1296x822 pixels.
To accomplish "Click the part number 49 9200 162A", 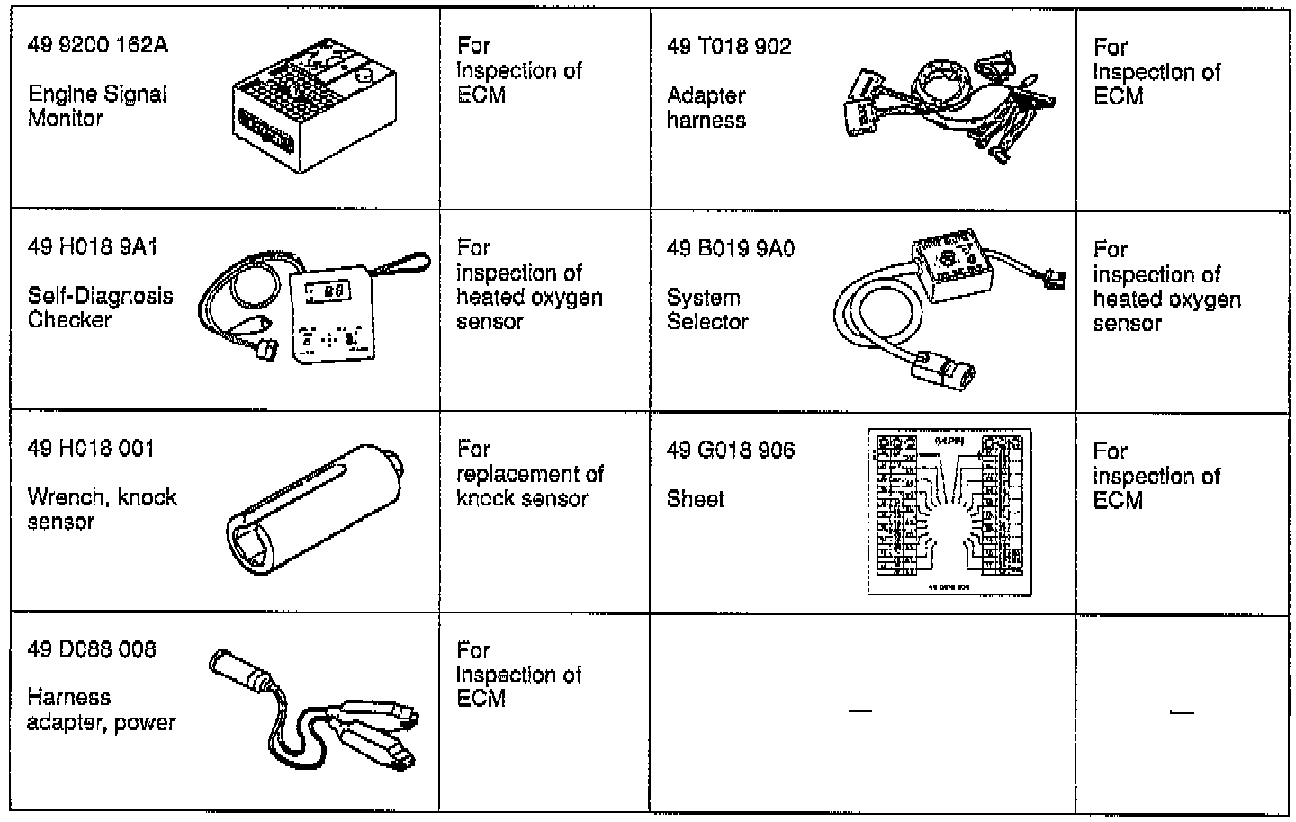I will [x=98, y=45].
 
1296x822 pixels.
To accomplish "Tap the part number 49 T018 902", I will [x=729, y=47].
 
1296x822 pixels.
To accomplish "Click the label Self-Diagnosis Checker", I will [x=101, y=308].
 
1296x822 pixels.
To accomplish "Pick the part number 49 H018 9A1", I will [x=93, y=247].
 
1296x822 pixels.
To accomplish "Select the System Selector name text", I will [x=707, y=309].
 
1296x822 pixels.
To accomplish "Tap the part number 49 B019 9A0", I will [x=731, y=248].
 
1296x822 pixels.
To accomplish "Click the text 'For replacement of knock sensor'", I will [x=529, y=474].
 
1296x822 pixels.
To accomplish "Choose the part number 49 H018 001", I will [x=91, y=449].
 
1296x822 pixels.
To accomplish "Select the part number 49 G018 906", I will [x=731, y=450].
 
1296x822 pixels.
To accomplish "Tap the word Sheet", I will [x=695, y=499].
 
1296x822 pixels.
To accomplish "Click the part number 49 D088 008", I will [x=92, y=649].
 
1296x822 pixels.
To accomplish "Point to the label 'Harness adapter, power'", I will [x=101, y=710].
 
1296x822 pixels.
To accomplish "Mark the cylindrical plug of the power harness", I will [x=241, y=671].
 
